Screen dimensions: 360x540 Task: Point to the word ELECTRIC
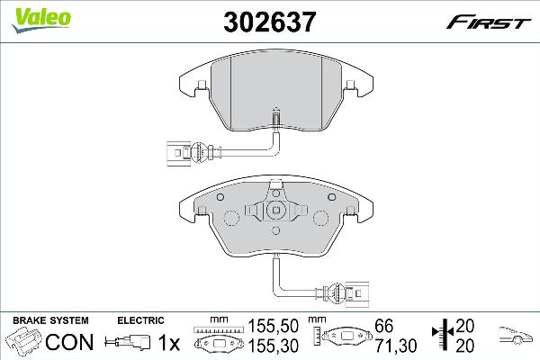140,319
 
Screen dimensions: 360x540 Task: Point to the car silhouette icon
518,337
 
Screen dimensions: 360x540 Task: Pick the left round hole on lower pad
229,215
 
